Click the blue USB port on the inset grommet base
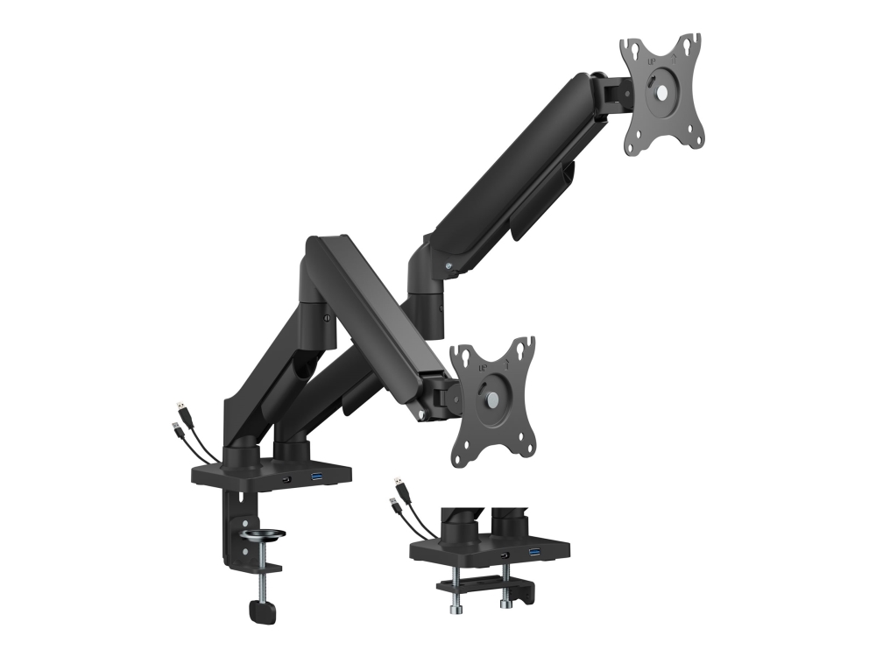[534, 553]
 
